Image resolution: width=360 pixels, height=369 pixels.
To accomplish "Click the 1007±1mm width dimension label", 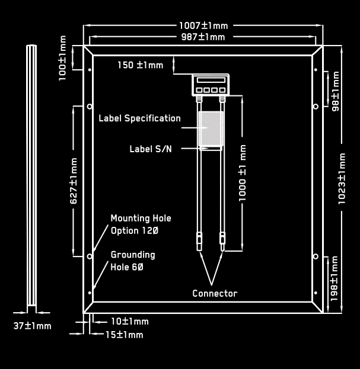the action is [x=203, y=25].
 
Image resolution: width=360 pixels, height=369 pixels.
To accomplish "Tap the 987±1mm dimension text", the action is [x=203, y=37].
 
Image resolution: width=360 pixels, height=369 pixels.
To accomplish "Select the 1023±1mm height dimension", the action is [x=342, y=179].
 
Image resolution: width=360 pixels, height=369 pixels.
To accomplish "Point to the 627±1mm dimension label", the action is [x=74, y=181].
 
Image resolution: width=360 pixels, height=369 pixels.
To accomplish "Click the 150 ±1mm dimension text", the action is [x=141, y=65].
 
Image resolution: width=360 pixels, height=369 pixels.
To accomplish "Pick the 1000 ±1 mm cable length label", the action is [x=242, y=173].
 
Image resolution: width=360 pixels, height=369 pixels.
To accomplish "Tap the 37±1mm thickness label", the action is [x=32, y=326].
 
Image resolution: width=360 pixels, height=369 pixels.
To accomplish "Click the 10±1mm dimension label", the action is [x=129, y=321].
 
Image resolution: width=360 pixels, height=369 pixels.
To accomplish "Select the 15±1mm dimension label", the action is [x=124, y=335].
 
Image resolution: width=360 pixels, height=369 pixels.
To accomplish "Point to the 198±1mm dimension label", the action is [x=334, y=278].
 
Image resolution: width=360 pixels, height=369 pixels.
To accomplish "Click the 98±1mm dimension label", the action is [x=335, y=91].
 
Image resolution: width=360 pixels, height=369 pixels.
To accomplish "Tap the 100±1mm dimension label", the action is [x=62, y=58].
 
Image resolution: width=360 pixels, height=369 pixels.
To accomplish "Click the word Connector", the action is [x=215, y=293].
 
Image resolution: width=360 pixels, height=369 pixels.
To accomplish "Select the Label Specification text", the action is [x=140, y=118].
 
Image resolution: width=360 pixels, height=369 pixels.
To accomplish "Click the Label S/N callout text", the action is [x=151, y=149].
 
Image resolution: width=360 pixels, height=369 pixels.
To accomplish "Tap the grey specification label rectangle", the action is [x=211, y=129].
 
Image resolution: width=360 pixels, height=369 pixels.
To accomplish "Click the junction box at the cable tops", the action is [x=211, y=85].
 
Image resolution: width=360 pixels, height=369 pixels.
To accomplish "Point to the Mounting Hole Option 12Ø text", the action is [x=141, y=224].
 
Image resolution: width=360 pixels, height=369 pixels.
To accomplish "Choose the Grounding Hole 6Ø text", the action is [x=133, y=261].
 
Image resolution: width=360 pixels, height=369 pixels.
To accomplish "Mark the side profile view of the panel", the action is [x=31, y=179].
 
